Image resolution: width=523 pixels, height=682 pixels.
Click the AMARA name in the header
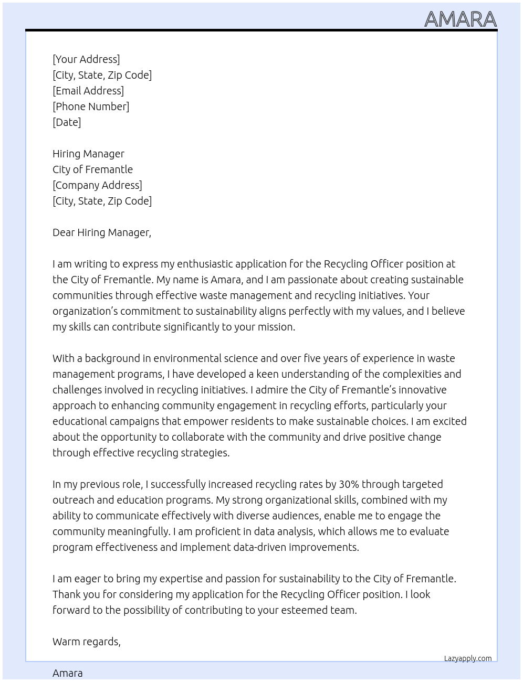460,19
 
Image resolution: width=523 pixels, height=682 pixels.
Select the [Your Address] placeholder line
86,59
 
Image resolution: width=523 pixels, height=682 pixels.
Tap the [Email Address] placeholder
88,91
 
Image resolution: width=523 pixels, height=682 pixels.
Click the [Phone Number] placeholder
91,106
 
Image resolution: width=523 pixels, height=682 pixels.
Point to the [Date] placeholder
67,122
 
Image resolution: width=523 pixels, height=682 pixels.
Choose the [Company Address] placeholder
97,185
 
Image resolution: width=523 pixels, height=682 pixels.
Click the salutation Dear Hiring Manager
101,232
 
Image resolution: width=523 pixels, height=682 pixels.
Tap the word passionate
291,280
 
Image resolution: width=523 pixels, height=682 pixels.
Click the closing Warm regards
86,642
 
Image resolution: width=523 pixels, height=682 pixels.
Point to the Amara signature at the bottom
68,673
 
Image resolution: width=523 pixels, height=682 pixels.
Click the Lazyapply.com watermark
468,658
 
